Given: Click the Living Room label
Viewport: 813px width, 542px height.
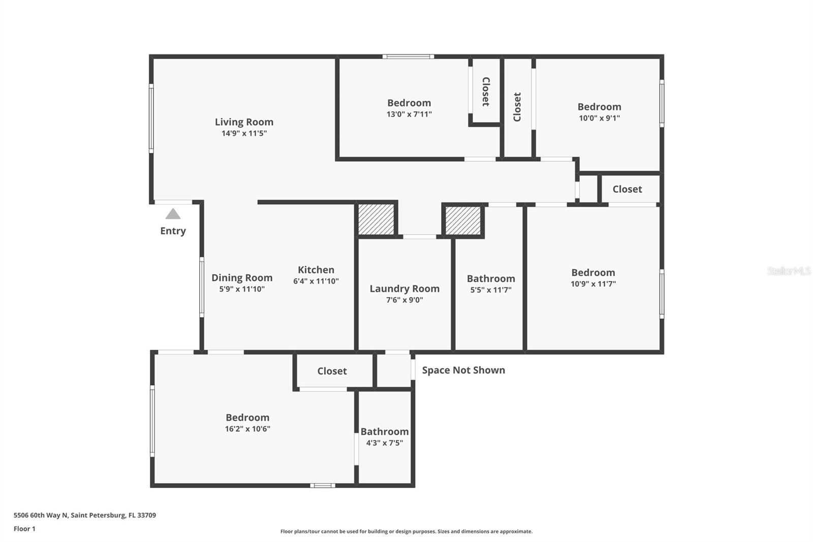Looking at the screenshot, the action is tap(244, 122).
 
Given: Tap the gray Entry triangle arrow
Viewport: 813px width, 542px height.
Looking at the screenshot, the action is tap(173, 214).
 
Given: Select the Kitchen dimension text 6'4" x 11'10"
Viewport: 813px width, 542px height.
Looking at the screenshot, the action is tap(316, 281).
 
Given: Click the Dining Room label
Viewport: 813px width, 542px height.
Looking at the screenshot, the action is tap(242, 278).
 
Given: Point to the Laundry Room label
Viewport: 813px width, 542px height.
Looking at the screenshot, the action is tap(404, 289).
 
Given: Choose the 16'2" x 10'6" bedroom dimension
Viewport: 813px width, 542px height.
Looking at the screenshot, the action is tap(247, 429).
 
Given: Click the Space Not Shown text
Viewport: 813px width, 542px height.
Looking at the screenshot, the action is tap(463, 370).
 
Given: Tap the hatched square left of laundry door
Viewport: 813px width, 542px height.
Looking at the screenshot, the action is tap(376, 219).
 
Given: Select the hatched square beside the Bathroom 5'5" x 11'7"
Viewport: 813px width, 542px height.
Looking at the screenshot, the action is tap(463, 221).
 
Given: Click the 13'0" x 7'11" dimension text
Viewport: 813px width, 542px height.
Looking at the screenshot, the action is tap(409, 114).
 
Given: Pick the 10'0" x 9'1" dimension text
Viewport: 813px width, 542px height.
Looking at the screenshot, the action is tap(599, 118).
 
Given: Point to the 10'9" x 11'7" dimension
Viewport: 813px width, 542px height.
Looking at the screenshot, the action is tap(593, 284).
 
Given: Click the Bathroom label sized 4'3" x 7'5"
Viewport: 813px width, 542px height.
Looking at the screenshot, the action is tap(384, 432).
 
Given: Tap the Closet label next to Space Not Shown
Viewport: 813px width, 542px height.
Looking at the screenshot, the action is tap(332, 371).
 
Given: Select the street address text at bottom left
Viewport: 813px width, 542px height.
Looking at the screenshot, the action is tap(85, 515).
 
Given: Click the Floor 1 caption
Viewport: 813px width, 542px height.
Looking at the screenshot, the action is tap(25, 529).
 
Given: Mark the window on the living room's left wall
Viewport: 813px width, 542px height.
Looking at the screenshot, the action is tap(151, 118).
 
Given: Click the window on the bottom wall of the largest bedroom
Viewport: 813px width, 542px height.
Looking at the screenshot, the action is tap(323, 486).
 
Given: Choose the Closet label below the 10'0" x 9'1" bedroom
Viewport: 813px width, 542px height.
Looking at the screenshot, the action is tap(627, 189).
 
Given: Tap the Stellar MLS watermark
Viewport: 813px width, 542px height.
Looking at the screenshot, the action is tap(789, 271).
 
